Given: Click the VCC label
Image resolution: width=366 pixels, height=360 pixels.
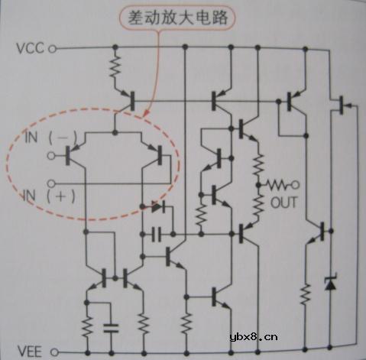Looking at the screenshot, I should tap(31, 49).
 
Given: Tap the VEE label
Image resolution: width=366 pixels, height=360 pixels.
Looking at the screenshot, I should tap(31, 351).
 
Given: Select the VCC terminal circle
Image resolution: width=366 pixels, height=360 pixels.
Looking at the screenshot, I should tap(53, 49).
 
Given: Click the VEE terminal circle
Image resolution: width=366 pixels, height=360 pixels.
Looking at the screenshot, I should tap(53, 352).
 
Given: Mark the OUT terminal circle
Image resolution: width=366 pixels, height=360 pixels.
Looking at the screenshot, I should tap(296, 184).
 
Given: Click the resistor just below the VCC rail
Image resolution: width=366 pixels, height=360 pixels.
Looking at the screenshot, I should tap(115, 66).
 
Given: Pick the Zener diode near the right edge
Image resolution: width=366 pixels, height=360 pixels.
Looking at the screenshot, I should tap(331, 283).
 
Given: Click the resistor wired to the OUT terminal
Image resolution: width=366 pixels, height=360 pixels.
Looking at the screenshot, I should tap(275, 184).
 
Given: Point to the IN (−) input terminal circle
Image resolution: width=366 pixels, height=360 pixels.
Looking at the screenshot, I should tap(52, 156).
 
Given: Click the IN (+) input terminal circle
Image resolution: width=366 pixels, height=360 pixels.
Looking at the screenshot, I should tap(52, 183).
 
